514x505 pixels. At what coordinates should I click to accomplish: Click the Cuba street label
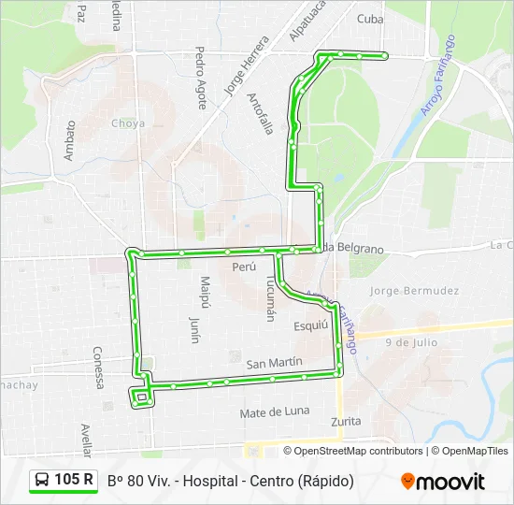[x=371, y=19]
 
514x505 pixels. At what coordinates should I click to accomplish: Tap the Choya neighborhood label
[x=128, y=123]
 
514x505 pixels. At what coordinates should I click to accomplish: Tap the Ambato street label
[x=69, y=140]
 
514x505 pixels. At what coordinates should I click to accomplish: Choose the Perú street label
[x=243, y=267]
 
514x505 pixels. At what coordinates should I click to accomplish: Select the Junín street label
[x=194, y=329]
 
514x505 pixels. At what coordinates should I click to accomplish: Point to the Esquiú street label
[x=311, y=325]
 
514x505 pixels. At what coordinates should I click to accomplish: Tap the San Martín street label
[x=274, y=362]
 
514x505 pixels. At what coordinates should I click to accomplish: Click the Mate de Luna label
[x=274, y=411]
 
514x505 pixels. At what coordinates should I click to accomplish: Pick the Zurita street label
[x=346, y=422]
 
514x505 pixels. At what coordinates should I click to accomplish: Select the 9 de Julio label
[x=411, y=342]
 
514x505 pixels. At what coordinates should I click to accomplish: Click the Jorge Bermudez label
[x=414, y=291]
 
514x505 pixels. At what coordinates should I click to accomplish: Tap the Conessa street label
[x=97, y=368]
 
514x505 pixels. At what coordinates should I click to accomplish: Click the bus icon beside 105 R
[x=42, y=481]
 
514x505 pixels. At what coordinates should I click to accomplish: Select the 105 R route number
[x=74, y=481]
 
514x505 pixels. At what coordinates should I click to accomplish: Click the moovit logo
[x=443, y=482]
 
